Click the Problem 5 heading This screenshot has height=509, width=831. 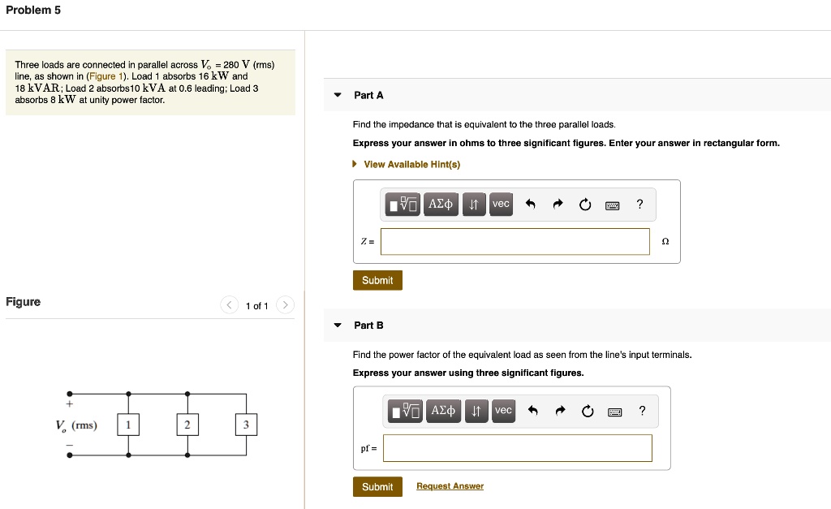pos(33,10)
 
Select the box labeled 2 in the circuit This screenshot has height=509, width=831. pos(187,425)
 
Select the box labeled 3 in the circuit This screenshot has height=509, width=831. pos(246,425)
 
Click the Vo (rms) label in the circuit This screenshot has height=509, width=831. pos(75,425)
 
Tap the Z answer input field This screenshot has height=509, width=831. pos(515,241)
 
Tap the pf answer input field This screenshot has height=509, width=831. pos(517,448)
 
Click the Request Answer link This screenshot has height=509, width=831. pos(450,486)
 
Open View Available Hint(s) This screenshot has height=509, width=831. pos(411,164)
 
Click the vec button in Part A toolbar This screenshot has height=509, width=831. pos(501,204)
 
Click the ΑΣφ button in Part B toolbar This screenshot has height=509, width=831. pos(444,411)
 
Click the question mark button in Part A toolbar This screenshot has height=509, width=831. pos(639,204)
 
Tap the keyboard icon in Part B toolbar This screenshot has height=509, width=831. pos(614,412)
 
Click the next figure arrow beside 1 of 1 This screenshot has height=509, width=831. pos(285,305)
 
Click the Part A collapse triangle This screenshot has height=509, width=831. pos(338,95)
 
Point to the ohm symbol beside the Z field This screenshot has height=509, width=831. pos(665,241)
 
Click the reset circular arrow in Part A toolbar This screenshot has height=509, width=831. pos(585,205)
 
